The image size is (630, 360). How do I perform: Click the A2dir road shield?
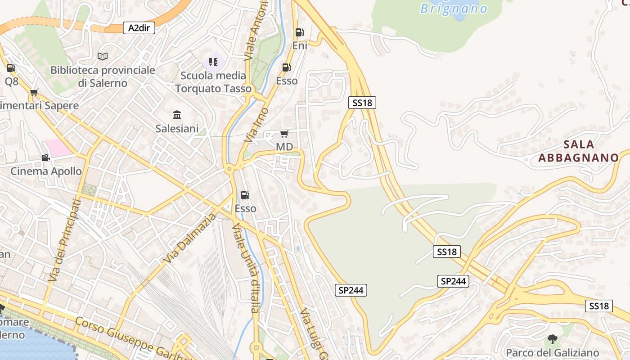pos(139,28)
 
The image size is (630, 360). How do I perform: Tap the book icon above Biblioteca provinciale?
pos(103,56)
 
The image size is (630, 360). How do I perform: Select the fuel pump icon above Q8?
pos(11,68)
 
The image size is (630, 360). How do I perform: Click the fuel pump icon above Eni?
pos(299,32)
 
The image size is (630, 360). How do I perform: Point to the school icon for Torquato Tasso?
pos(213,62)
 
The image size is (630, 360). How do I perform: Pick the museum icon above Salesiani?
pos(177,115)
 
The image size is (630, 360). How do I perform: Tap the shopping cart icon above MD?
pos(284,134)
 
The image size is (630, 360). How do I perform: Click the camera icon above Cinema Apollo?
pos(45,157)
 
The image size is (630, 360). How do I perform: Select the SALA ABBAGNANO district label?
pos(579,151)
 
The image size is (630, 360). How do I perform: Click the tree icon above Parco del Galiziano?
pos(552,339)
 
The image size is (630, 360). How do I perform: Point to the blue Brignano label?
pos(454,9)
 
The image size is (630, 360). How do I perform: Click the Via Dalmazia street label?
pos(189,239)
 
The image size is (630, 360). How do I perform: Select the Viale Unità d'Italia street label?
pos(246,268)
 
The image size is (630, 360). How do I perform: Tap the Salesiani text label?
pos(177,129)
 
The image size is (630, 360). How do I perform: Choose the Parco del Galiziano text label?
pos(552,352)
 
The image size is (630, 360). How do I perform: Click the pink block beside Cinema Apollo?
pos(58,148)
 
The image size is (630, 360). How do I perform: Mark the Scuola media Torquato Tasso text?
pos(213,82)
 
